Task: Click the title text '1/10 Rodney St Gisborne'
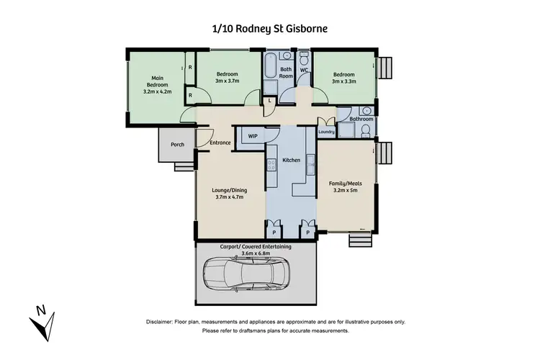click(269, 28)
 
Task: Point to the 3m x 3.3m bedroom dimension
click(344, 81)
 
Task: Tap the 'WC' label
click(304, 70)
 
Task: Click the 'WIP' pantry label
click(253, 135)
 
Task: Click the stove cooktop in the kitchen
click(271, 166)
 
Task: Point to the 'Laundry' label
click(326, 131)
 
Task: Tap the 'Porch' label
click(177, 145)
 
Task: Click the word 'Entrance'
click(220, 143)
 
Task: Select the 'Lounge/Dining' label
click(230, 191)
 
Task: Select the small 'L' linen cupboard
click(269, 101)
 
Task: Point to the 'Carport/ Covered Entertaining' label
click(256, 246)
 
